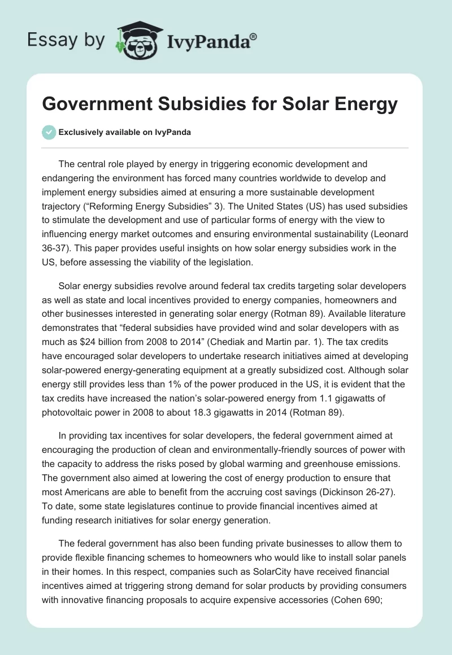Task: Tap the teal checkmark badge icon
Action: tap(49, 133)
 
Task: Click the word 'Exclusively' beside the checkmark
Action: tap(80, 133)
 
